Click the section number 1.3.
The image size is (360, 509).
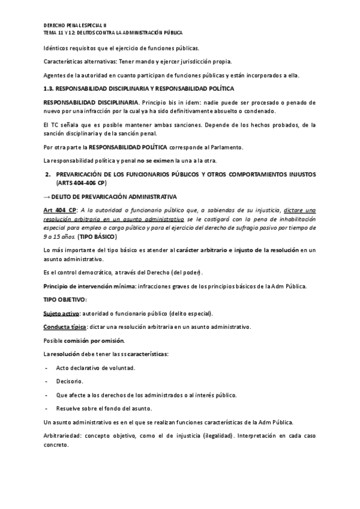click(50, 89)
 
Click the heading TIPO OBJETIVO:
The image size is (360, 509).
click(65, 299)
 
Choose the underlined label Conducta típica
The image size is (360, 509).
click(65, 327)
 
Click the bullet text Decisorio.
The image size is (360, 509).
click(70, 381)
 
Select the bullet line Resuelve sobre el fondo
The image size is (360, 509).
click(107, 408)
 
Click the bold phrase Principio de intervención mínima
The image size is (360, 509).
click(90, 286)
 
